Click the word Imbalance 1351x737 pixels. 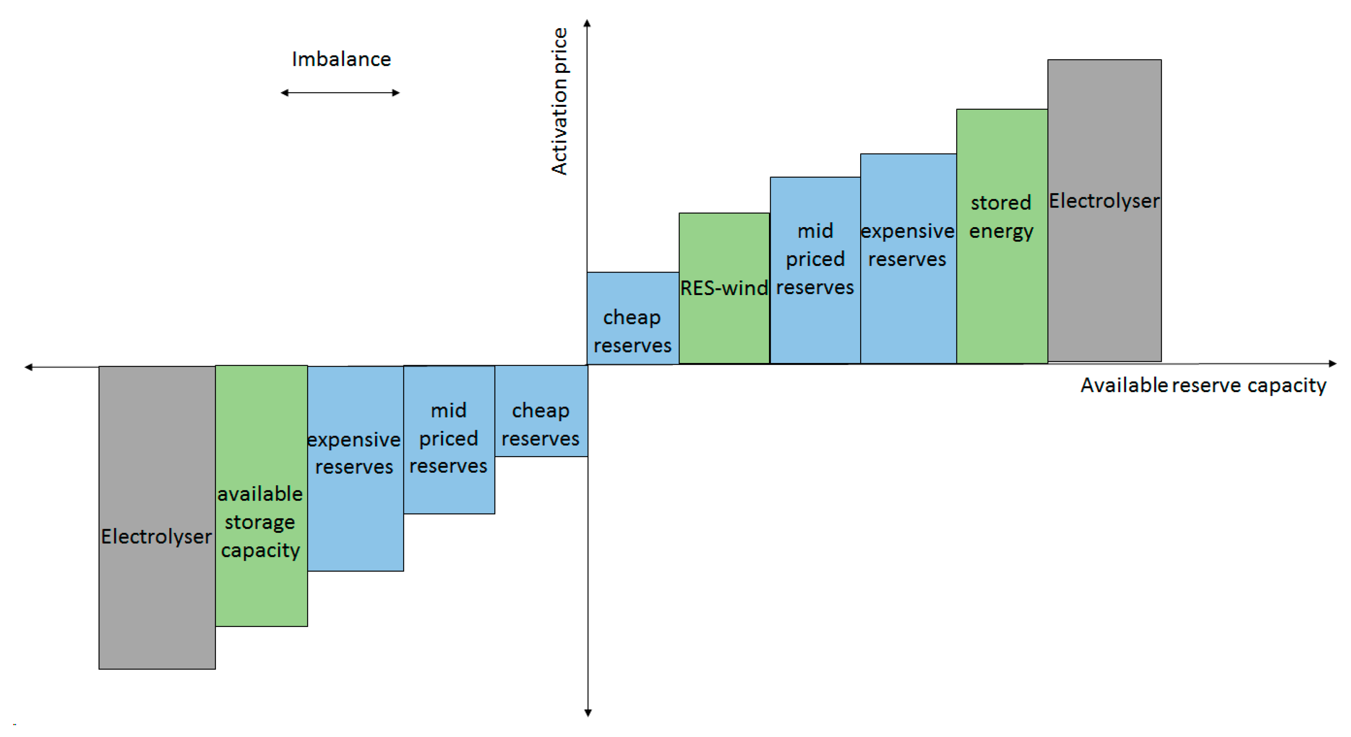[342, 59]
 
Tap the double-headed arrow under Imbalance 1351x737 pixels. [340, 93]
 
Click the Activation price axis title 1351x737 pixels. [559, 101]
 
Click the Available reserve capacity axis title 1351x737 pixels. [1203, 385]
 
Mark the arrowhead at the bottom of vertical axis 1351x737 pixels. [588, 712]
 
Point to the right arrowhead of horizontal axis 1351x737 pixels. [1332, 363]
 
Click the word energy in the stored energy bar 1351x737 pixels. [1000, 231]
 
